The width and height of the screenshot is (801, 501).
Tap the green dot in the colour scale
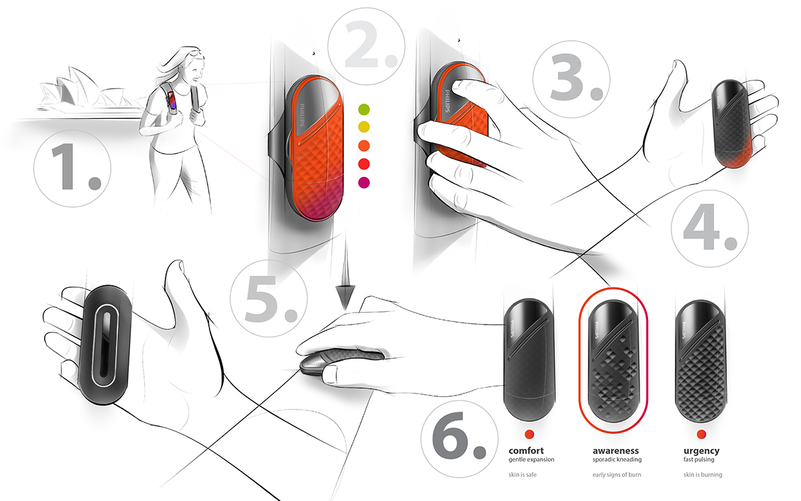(364, 109)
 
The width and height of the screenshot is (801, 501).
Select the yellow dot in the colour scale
(364, 127)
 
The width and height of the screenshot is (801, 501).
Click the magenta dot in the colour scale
(364, 182)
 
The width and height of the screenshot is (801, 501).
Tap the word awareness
(615, 451)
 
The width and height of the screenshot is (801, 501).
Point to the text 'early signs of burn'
(615, 476)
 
